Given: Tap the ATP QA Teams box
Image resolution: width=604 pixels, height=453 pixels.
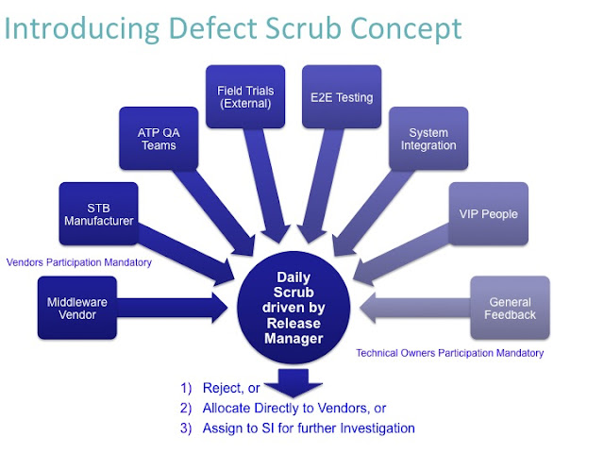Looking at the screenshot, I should (x=159, y=139).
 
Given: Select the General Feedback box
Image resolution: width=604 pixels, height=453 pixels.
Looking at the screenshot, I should (x=511, y=308).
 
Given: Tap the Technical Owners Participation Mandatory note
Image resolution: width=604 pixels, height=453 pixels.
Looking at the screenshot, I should (x=449, y=353).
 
